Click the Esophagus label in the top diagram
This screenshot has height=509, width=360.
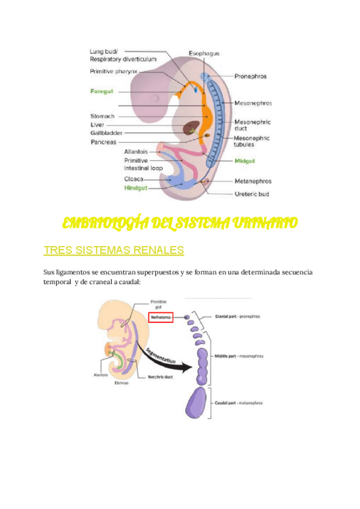click(203, 53)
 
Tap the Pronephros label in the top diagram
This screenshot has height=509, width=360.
click(250, 77)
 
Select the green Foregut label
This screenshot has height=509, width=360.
click(102, 91)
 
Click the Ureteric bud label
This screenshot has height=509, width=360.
click(253, 194)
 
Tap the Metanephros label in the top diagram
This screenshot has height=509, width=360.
click(253, 181)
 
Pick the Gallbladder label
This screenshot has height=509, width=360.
click(107, 133)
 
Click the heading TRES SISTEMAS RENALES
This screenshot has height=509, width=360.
click(114, 250)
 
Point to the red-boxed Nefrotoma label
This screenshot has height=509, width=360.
click(160, 316)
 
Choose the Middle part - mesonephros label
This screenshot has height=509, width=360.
click(239, 356)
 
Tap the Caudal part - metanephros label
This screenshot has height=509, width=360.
click(238, 403)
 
